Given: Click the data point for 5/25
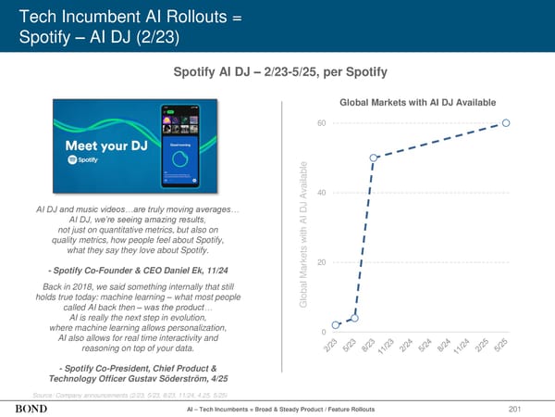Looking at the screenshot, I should pyautogui.click(x=507, y=122).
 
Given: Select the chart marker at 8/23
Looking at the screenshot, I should pyautogui.click(x=374, y=158).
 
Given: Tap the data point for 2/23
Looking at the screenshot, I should pyautogui.click(x=336, y=325).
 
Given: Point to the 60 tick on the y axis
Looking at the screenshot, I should pyautogui.click(x=320, y=123).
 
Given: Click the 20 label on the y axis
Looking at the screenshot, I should pyautogui.click(x=320, y=262).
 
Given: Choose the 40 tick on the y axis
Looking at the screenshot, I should pyautogui.click(x=320, y=193).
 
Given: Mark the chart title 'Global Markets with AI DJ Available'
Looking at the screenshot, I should pyautogui.click(x=419, y=102).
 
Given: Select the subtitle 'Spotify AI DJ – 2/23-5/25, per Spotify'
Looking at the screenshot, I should pyautogui.click(x=277, y=72).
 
